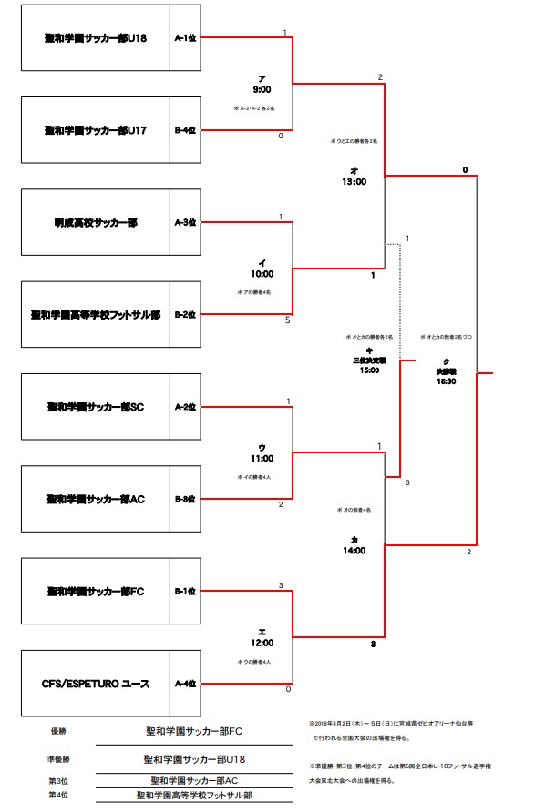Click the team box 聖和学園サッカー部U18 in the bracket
point(96,38)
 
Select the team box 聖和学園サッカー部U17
point(96,130)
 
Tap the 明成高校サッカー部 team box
point(96,222)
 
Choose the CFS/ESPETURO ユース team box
point(96,683)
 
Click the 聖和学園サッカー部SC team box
point(96,406)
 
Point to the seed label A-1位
point(186,38)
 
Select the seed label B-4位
point(186,130)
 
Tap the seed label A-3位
point(186,222)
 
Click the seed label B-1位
point(186,591)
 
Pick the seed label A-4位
point(186,683)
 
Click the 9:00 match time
point(262,89)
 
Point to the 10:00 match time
point(262,273)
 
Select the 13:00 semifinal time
point(354,182)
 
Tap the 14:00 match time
point(354,551)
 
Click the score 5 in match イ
point(287,320)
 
